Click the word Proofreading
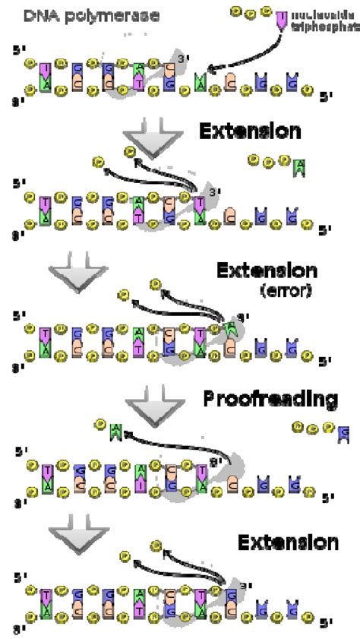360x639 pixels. (270, 400)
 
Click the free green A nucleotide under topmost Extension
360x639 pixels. (301, 166)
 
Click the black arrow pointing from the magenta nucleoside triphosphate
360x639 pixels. (243, 59)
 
